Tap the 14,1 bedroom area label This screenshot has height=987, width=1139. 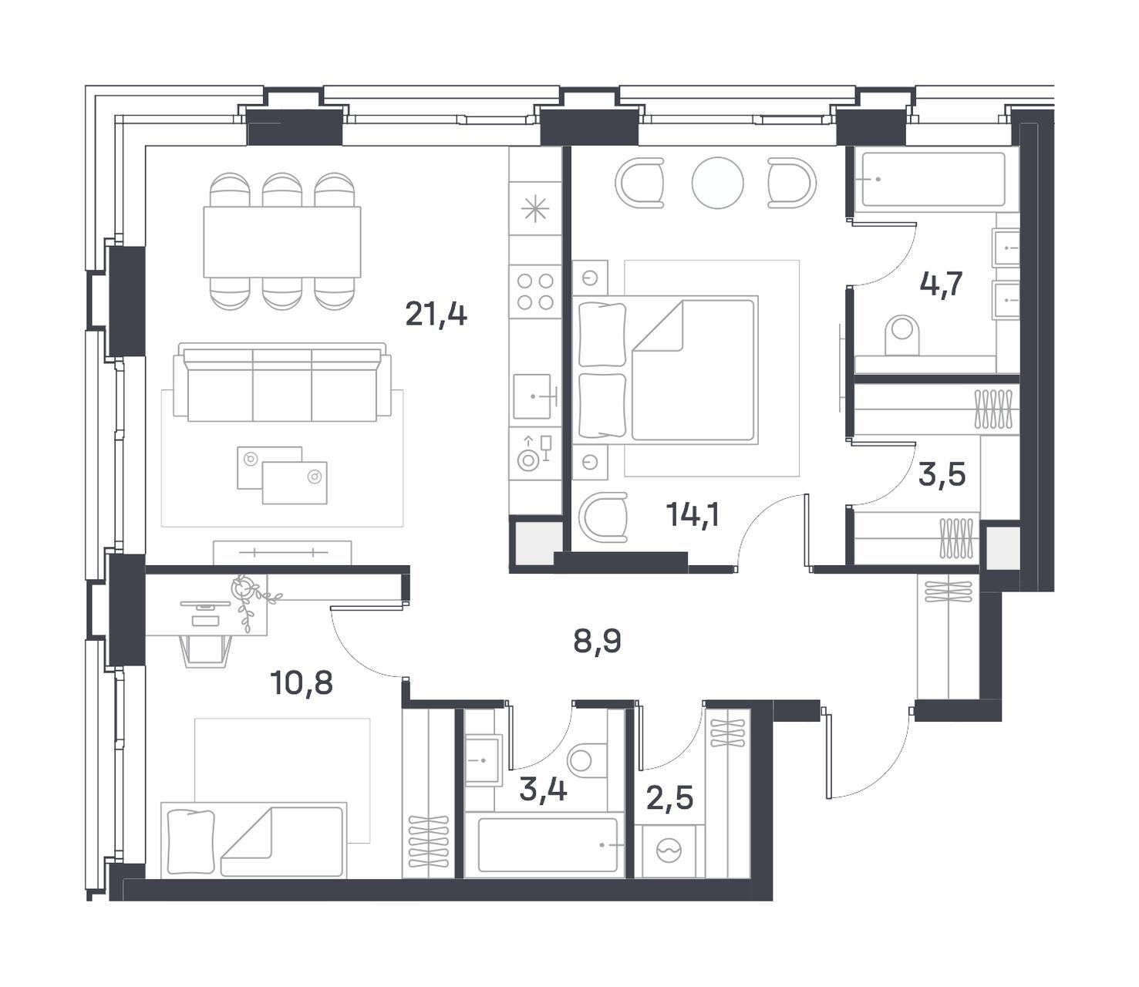coord(692,515)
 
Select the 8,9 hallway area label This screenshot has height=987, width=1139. coord(597,641)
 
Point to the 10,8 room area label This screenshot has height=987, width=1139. coord(302,683)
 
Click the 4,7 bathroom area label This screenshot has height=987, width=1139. coord(941,285)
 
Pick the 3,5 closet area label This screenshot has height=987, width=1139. coord(942,475)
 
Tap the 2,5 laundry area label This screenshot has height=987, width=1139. coord(669,798)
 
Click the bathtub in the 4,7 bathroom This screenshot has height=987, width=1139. coord(933,179)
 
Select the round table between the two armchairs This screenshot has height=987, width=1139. coord(717,183)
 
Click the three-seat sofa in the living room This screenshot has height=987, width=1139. coord(282,382)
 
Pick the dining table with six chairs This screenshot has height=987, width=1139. coord(282,241)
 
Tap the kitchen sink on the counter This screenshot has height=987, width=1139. coord(533,396)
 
